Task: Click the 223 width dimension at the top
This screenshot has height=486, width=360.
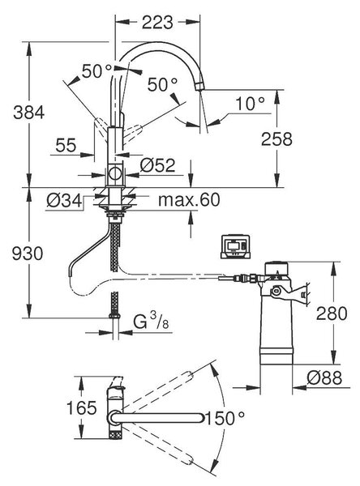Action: pyautogui.click(x=157, y=23)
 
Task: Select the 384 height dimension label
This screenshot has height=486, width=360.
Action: pyautogui.click(x=28, y=113)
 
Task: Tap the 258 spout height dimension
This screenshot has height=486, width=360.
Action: pyautogui.click(x=276, y=139)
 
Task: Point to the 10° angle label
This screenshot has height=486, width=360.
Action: pyautogui.click(x=251, y=103)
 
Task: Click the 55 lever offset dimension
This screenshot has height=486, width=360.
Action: pyautogui.click(x=66, y=145)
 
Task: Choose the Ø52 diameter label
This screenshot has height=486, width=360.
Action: pyautogui.click(x=157, y=165)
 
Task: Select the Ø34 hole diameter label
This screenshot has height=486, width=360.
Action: pyautogui.click(x=64, y=200)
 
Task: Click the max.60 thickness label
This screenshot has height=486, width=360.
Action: pyautogui.click(x=189, y=199)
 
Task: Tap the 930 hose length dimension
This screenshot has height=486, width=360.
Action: pyautogui.click(x=28, y=254)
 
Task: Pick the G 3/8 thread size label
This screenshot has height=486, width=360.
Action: pyautogui.click(x=151, y=321)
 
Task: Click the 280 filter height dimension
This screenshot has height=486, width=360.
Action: pyautogui.click(x=332, y=313)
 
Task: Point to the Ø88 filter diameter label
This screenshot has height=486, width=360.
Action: pyautogui.click(x=324, y=377)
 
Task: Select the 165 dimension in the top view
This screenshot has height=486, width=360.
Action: pyautogui.click(x=81, y=407)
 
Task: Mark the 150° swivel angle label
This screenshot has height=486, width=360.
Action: pyautogui.click(x=225, y=418)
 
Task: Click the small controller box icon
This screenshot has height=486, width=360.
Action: pyautogui.click(x=235, y=247)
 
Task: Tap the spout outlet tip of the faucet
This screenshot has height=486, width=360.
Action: pyautogui.click(x=199, y=86)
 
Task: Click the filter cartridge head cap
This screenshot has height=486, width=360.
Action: pyautogui.click(x=276, y=267)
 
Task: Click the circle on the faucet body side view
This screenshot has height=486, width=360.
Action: pyautogui.click(x=115, y=173)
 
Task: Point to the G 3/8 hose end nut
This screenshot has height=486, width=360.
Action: pyautogui.click(x=115, y=316)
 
